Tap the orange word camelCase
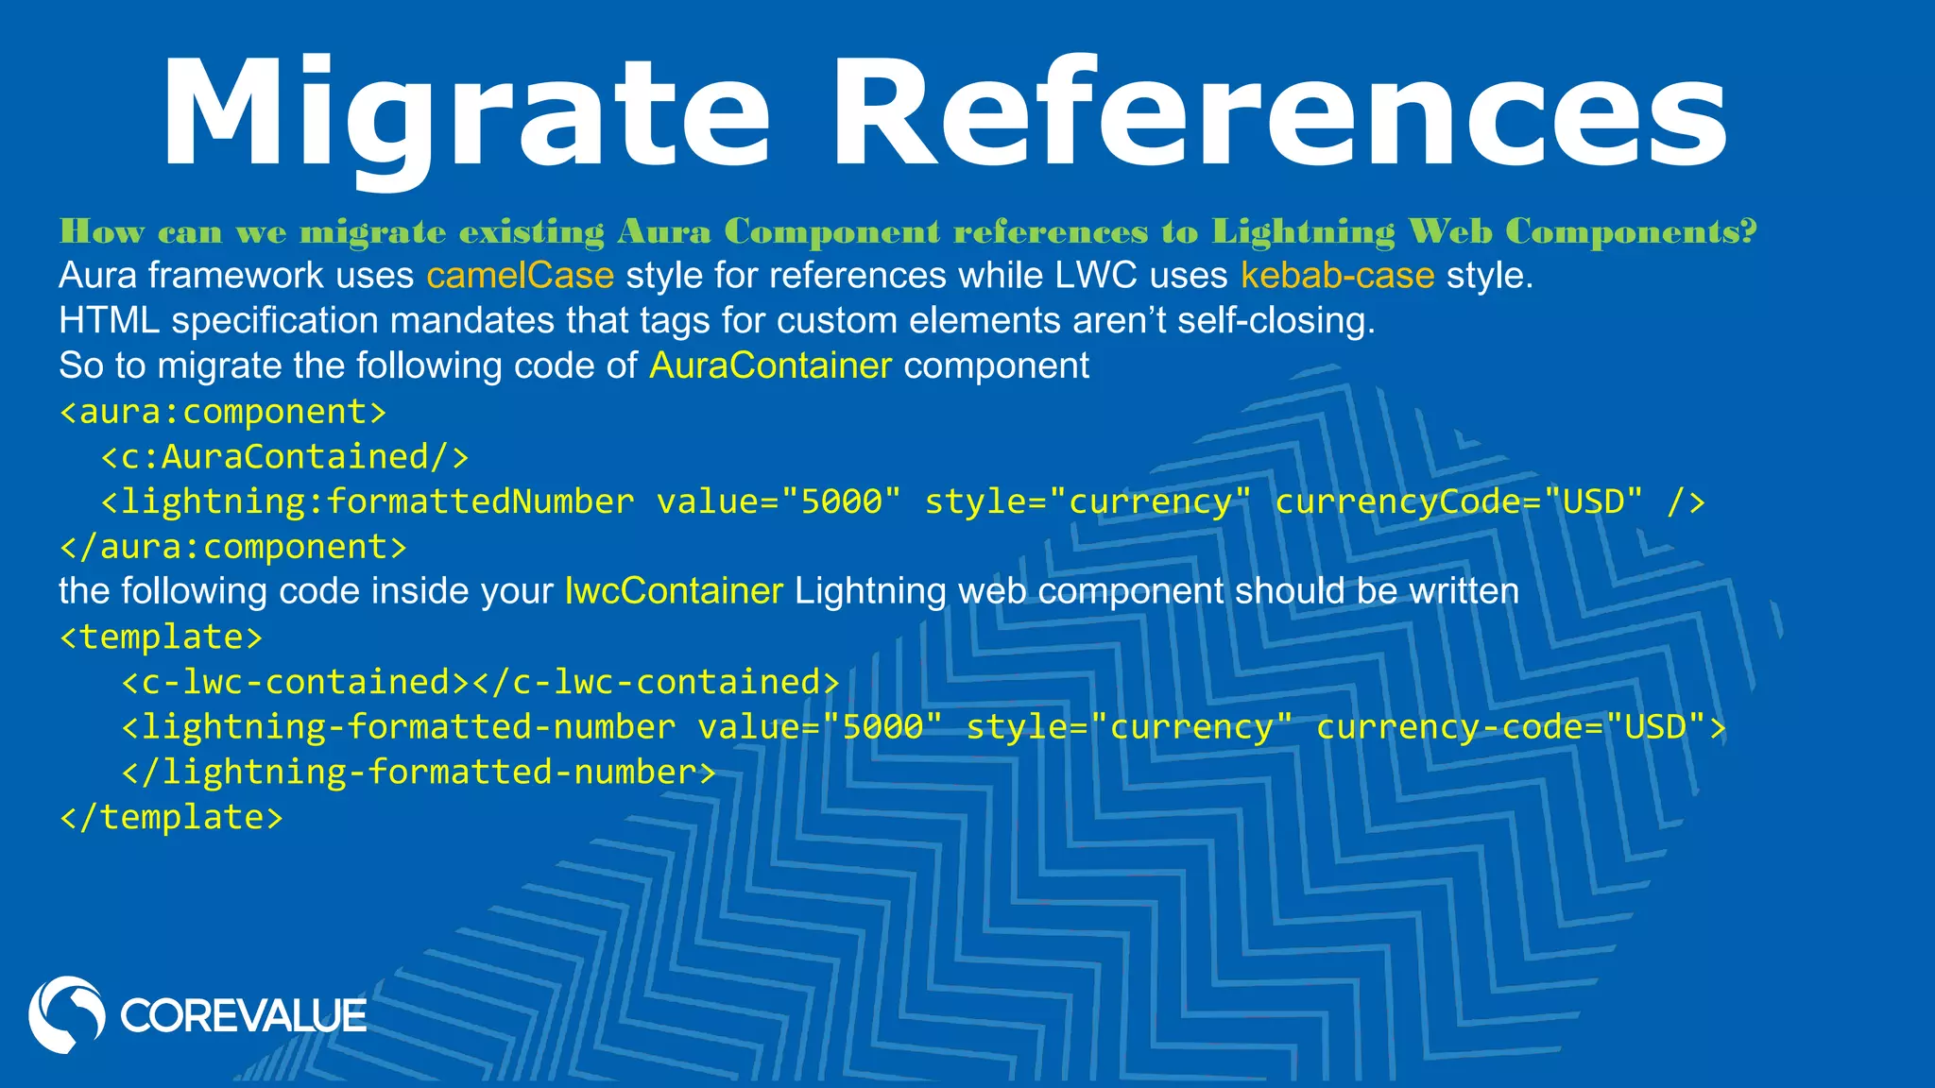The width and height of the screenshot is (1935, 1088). coord(520,276)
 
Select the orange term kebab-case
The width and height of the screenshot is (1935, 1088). coord(1337,276)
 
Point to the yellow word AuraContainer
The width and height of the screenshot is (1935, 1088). coord(770,365)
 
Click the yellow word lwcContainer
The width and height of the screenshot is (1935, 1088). coord(674,591)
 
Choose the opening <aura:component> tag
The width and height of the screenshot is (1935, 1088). coord(223,412)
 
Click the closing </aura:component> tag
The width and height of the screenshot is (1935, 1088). coord(233,547)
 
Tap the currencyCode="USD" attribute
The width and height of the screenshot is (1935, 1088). coord(1459,501)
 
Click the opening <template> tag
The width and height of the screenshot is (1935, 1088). coord(161,637)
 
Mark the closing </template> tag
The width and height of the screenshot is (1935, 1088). coord(171,817)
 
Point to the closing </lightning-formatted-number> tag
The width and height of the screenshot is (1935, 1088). coord(419,773)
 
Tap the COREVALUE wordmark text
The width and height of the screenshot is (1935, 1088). coord(243,1016)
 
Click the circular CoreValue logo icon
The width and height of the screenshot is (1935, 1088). coord(67,1014)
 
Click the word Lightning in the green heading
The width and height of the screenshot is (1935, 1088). coord(1304,231)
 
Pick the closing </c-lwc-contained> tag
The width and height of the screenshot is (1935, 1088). coord(656,682)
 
